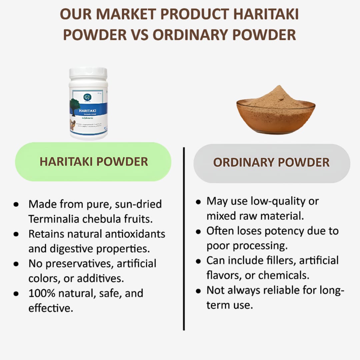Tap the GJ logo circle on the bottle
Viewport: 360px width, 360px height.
87,97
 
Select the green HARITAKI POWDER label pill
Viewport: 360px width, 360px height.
93,162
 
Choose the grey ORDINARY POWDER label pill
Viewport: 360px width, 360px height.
272,163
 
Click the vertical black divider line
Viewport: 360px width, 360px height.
184,238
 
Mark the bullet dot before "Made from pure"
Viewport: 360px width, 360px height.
16,204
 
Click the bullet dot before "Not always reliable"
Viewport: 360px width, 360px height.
198,291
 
